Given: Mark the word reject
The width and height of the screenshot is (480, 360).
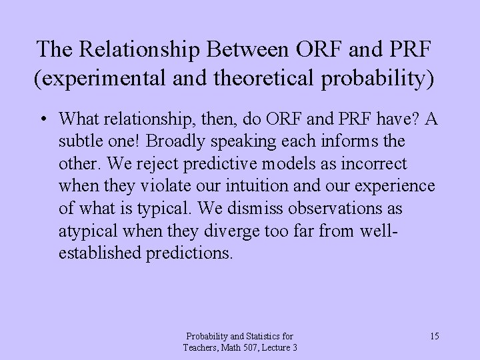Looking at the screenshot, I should click(155, 164).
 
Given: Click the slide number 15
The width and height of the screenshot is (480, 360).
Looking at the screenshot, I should click(434, 335).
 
